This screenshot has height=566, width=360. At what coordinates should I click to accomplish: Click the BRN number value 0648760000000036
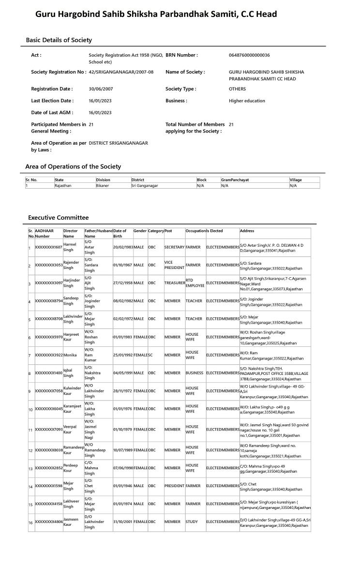[x=249, y=55]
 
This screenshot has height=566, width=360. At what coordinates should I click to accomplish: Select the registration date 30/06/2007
[x=100, y=89]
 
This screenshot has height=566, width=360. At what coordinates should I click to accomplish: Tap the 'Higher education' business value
[x=247, y=101]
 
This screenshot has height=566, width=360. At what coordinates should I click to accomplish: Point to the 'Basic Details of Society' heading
[x=59, y=40]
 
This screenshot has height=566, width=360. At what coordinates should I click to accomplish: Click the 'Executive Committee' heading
[x=58, y=218]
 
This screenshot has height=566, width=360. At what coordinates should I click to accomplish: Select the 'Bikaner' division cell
[x=103, y=185]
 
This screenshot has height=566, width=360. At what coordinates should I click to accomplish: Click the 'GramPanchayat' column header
[x=235, y=180]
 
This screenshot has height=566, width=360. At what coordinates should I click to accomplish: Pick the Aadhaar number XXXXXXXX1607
[x=48, y=247]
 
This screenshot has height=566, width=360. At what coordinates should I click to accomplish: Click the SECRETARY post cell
[x=174, y=247]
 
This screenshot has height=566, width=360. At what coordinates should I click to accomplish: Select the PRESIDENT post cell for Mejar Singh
[x=174, y=486]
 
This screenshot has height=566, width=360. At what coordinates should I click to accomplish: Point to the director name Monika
[x=70, y=355]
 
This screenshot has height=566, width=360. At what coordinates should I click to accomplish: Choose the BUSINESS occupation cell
[x=195, y=373]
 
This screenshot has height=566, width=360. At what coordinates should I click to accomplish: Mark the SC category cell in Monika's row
[x=150, y=355]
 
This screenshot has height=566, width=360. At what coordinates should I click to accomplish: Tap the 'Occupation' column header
[x=195, y=231]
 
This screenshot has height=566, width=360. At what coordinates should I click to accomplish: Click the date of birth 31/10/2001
[x=123, y=522]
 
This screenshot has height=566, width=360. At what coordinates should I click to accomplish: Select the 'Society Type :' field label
[x=181, y=89]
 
